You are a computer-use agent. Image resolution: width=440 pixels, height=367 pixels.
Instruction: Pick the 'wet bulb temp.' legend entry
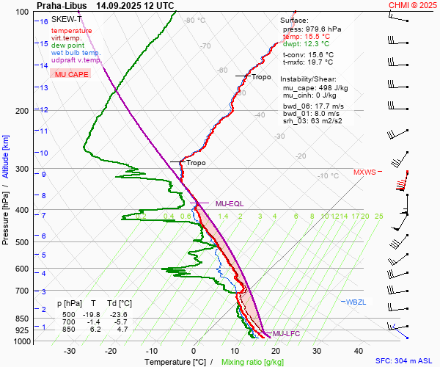point(76,53)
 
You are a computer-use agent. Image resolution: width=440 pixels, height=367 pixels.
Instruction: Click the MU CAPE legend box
point(70,74)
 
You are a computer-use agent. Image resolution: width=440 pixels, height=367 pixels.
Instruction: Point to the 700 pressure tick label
point(22,291)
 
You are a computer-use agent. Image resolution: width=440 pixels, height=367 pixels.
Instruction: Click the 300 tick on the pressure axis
point(22,170)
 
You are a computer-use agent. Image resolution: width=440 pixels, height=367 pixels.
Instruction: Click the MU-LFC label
point(284,334)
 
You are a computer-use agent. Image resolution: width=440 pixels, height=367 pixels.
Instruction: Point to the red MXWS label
point(364,172)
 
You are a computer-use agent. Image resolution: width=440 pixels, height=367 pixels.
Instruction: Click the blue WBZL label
point(355,302)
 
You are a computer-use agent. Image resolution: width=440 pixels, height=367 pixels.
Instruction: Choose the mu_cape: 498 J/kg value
point(315,87)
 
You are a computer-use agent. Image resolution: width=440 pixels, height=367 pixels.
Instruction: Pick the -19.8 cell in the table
point(93,311)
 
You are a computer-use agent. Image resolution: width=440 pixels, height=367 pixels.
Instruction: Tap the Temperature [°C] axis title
point(175,361)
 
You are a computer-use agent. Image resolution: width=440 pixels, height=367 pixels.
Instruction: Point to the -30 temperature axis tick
point(70,351)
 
